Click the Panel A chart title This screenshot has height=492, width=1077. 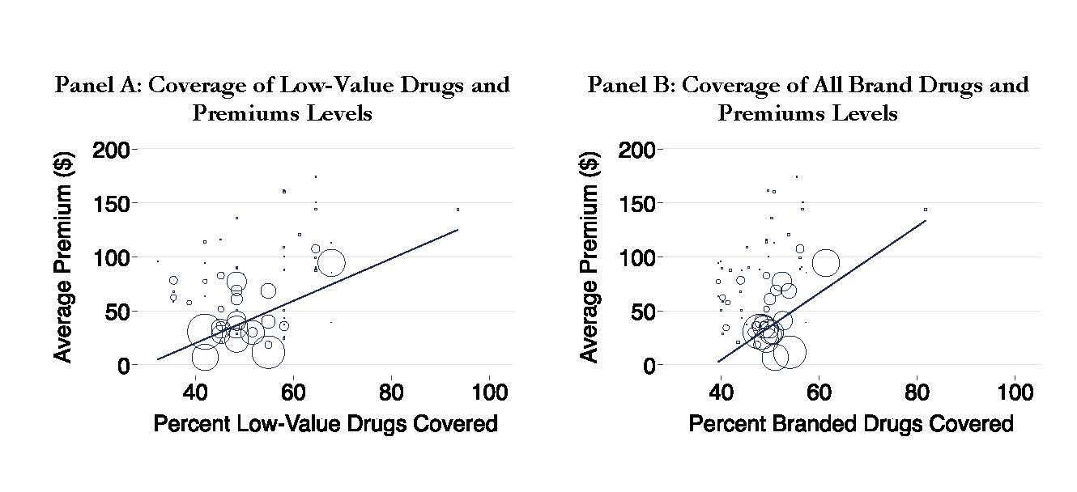[x=282, y=98]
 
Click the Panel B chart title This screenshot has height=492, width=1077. [x=807, y=98]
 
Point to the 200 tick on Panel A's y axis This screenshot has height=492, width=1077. [x=112, y=150]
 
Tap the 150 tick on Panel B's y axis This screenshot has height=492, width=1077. [x=638, y=203]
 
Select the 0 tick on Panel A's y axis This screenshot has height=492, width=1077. [x=121, y=366]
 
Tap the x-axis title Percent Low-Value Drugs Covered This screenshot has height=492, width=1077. [x=326, y=423]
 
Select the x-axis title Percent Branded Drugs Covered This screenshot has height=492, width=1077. [x=851, y=423]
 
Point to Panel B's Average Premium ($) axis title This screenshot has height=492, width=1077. [x=591, y=257]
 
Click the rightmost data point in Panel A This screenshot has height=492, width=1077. [x=458, y=210]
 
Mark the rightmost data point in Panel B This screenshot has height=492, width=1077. [x=926, y=210]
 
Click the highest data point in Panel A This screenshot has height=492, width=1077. [x=315, y=176]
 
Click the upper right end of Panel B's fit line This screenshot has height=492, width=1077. [x=926, y=220]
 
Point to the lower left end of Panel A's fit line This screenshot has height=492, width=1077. [x=158, y=359]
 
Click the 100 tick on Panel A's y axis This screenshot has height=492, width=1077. [x=112, y=257]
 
